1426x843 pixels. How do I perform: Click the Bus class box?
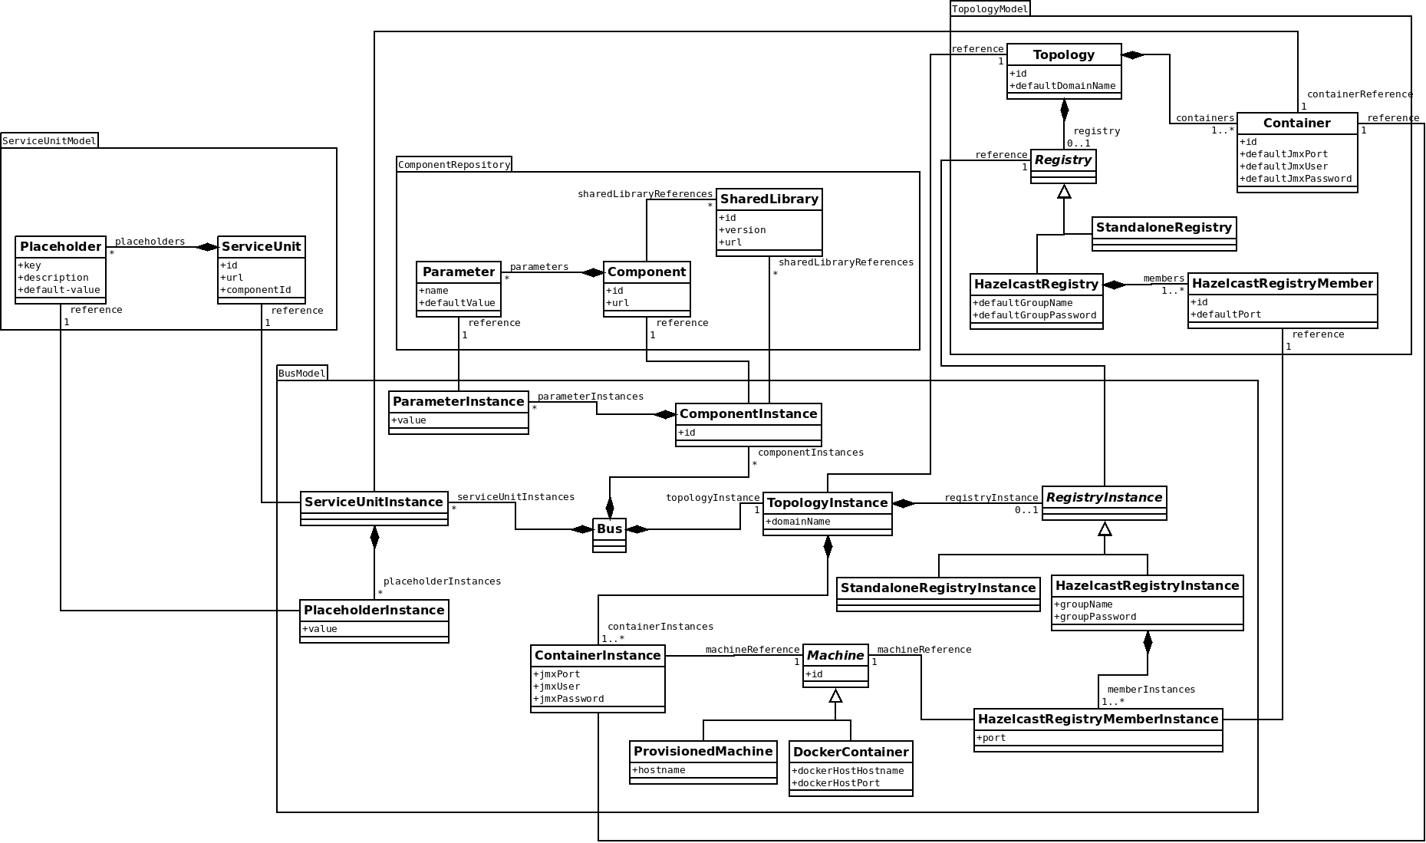[610, 535]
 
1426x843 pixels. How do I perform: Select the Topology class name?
[1063, 55]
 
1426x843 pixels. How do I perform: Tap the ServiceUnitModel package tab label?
[49, 140]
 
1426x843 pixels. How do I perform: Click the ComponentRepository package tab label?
[454, 164]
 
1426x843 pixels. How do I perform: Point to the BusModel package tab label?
[302, 374]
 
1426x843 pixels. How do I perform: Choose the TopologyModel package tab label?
[990, 8]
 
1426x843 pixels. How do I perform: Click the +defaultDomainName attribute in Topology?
[1062, 86]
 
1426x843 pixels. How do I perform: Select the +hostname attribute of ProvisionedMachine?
[659, 770]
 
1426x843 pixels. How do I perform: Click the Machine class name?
[835, 656]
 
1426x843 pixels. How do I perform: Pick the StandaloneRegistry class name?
[1164, 228]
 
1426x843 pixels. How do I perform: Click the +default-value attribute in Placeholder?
[59, 290]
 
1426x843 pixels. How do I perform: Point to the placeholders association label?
[150, 242]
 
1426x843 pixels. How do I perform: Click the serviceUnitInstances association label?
[515, 497]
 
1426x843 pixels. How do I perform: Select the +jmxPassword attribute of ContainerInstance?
[569, 699]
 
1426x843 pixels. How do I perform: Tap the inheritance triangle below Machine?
[835, 696]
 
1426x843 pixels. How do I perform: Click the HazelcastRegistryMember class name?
[1282, 284]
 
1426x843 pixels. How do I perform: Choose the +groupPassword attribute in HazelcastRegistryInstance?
[1095, 617]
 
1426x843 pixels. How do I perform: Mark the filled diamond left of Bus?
[582, 529]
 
